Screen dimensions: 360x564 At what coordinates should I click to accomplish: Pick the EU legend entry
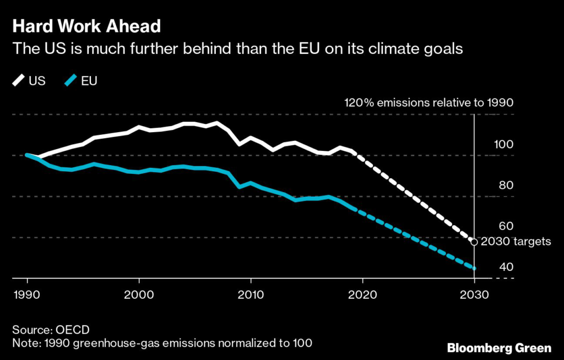(80, 81)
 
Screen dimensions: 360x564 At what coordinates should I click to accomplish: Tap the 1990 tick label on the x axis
(27, 294)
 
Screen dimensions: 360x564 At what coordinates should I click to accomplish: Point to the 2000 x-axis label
(139, 294)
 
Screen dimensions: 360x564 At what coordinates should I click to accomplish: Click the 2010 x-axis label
(251, 294)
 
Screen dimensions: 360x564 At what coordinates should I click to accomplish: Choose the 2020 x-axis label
(362, 294)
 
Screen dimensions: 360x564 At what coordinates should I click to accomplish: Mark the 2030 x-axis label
(474, 294)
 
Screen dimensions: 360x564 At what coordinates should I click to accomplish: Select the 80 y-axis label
(506, 185)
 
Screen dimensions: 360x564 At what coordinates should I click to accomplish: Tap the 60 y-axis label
(506, 226)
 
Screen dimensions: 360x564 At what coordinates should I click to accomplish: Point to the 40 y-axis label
(506, 267)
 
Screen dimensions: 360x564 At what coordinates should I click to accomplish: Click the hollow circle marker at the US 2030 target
(474, 241)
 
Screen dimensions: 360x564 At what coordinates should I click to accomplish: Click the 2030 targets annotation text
(516, 242)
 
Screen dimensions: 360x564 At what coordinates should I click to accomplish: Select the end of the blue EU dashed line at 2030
(474, 268)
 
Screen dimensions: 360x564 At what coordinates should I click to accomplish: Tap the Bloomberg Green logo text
(498, 348)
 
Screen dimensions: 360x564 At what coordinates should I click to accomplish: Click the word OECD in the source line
(70, 330)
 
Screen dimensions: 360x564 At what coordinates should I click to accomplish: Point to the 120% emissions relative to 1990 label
(429, 102)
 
